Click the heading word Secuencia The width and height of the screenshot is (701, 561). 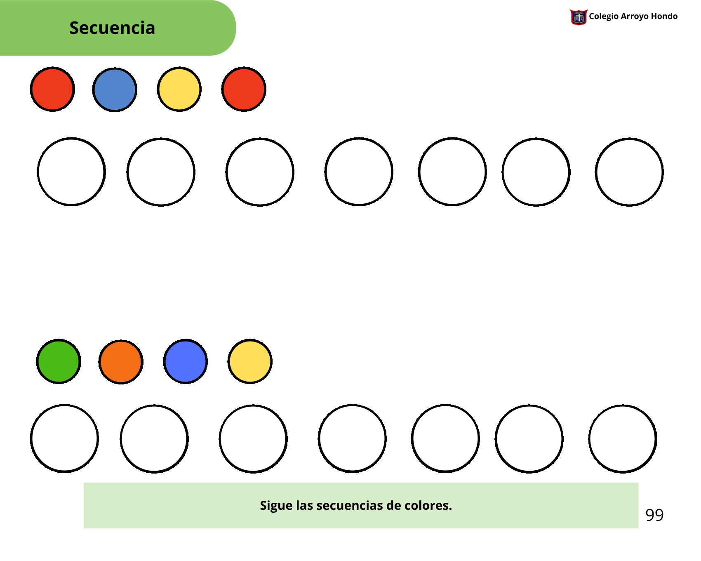[x=112, y=28]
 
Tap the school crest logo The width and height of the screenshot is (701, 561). [x=578, y=17]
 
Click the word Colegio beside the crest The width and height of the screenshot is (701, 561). [x=604, y=16]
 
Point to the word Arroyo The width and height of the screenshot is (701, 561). [x=635, y=16]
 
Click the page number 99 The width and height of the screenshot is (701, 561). [x=654, y=515]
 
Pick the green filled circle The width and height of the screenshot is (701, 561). [x=59, y=361]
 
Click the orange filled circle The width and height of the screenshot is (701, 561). [x=121, y=362]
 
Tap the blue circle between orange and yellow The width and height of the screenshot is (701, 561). [x=186, y=361]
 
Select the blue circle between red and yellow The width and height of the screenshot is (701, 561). [x=115, y=90]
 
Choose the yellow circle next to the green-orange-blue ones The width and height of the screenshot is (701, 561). [x=250, y=361]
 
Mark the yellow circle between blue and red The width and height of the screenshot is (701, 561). [x=179, y=89]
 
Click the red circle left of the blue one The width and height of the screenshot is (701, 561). [x=52, y=89]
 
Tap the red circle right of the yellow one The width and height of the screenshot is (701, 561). [x=244, y=89]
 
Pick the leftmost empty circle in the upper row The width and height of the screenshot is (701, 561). [x=71, y=172]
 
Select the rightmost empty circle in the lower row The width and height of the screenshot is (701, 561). [x=623, y=438]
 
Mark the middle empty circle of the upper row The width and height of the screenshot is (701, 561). [x=359, y=172]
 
